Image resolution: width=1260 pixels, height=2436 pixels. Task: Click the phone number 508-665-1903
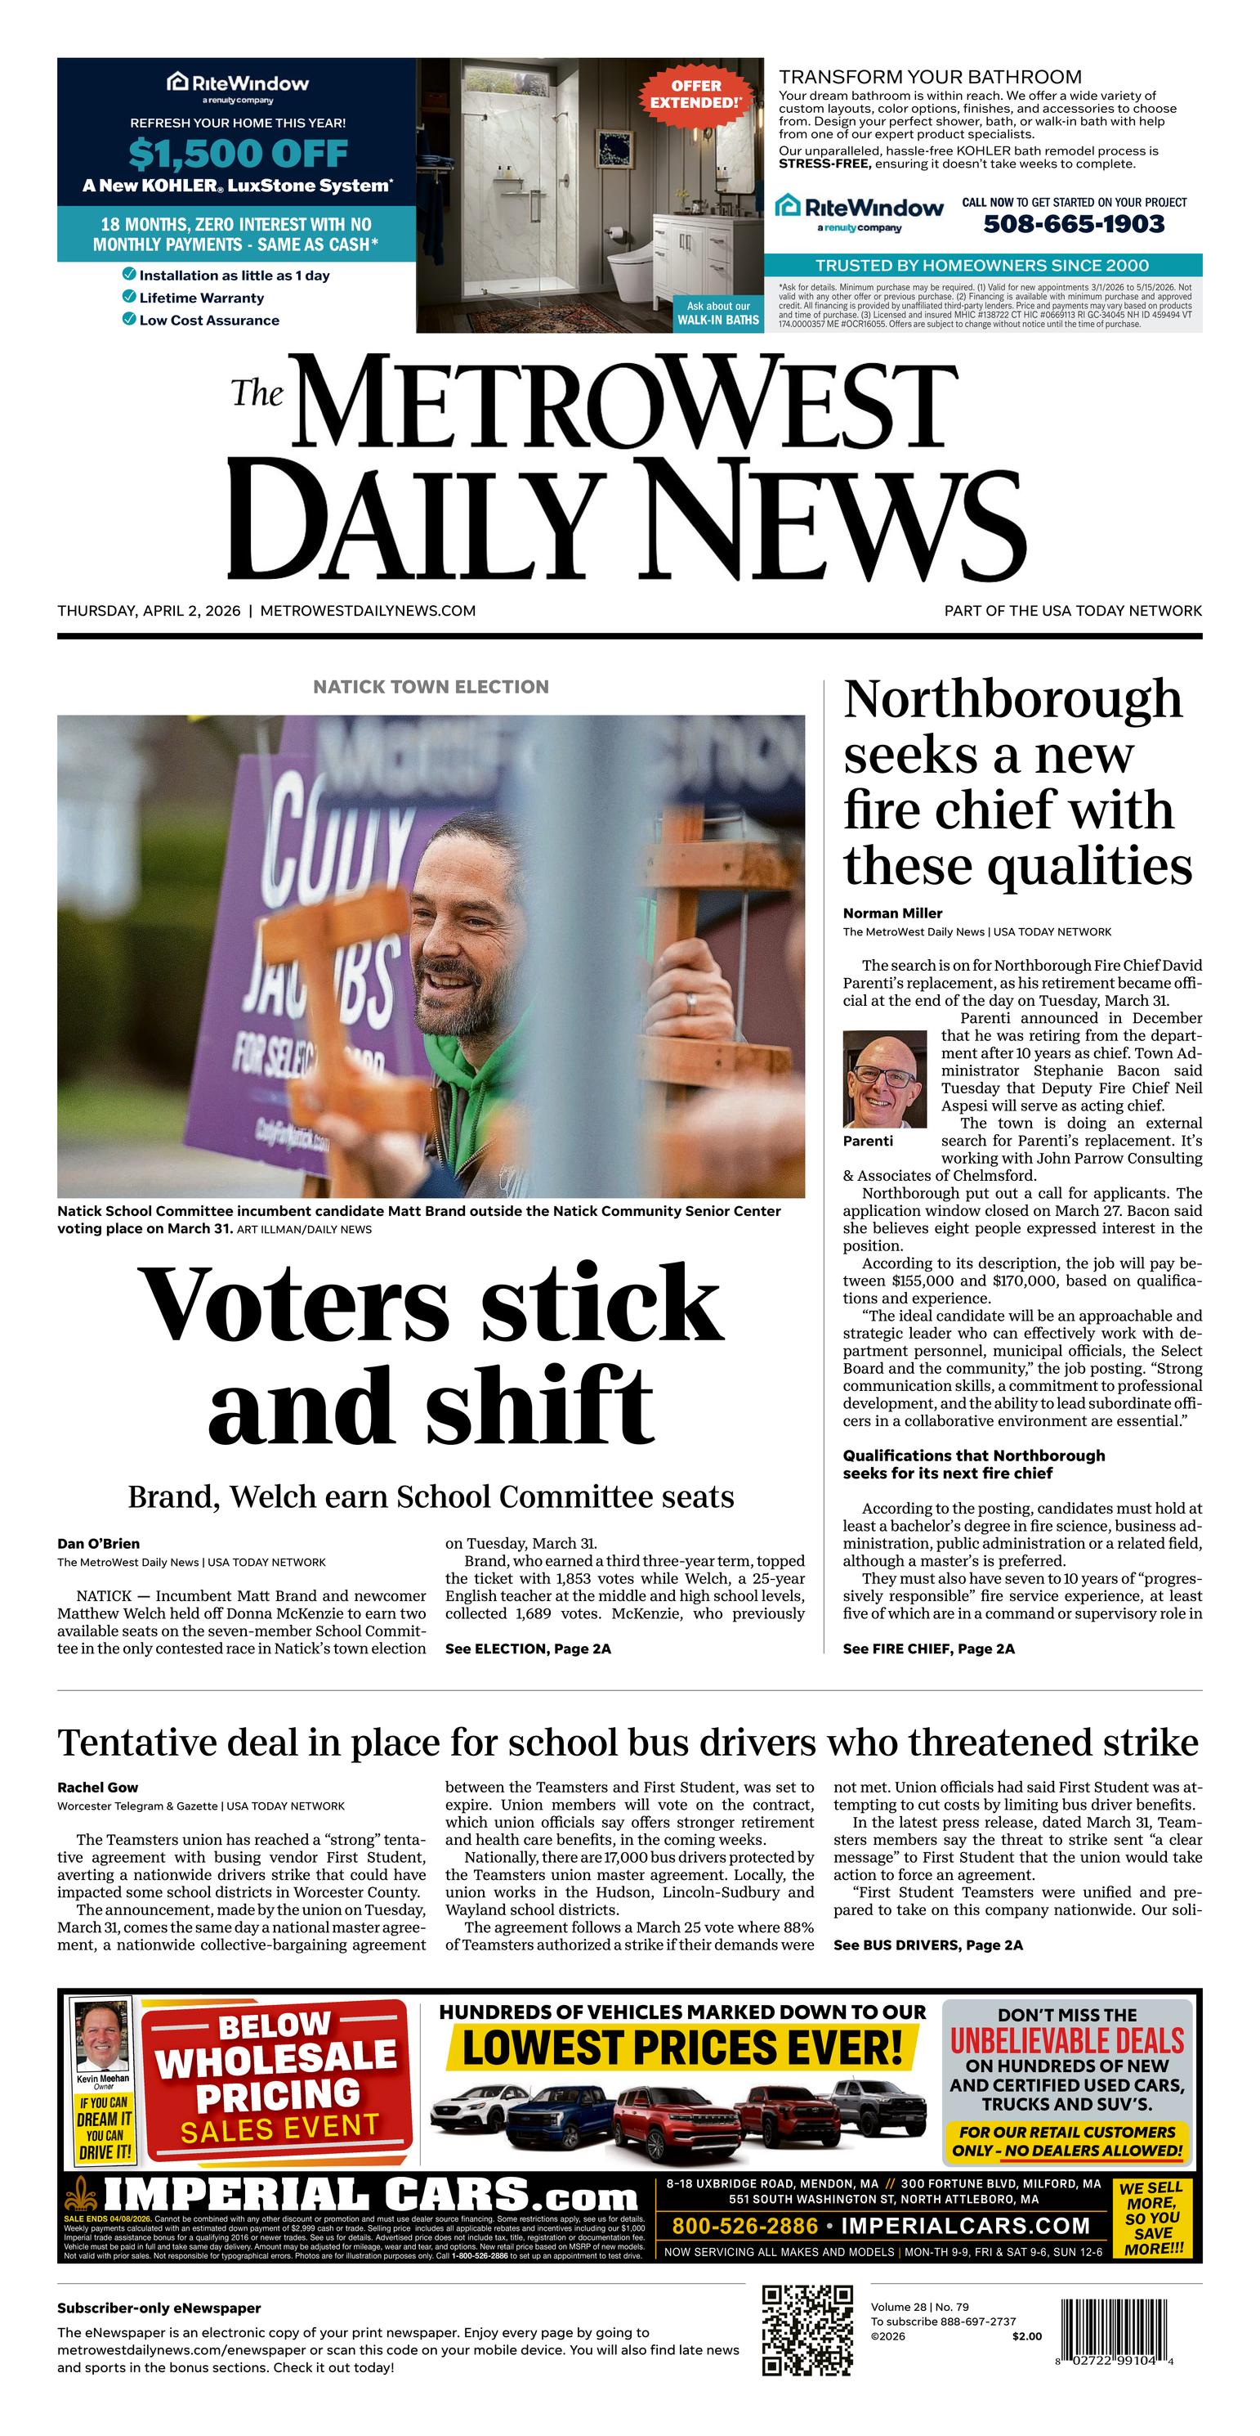1074,224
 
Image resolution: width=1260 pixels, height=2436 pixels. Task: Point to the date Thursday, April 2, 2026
150,611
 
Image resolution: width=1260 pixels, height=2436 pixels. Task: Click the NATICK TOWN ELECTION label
431,687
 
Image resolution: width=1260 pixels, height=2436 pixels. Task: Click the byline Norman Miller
892,913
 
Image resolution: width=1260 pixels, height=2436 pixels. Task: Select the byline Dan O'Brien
98,1543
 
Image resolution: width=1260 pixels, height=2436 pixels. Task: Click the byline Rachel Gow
97,1788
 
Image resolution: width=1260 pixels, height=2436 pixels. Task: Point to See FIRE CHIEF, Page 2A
928,1649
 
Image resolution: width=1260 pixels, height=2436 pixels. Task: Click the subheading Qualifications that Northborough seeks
973,1464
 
